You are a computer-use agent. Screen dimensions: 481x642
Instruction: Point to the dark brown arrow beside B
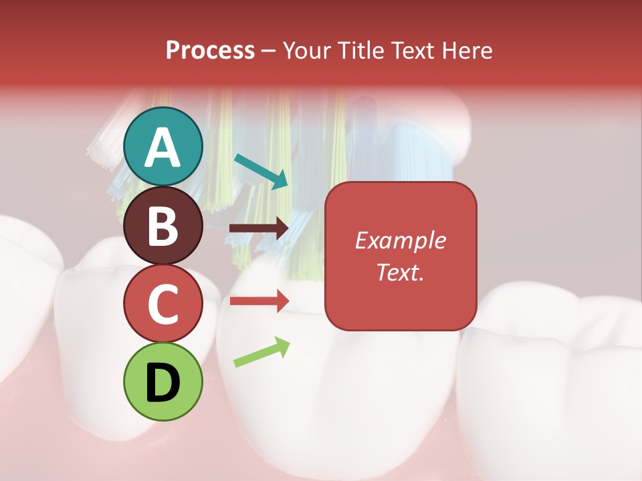click(259, 228)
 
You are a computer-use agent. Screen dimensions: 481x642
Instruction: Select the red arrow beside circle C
click(259, 301)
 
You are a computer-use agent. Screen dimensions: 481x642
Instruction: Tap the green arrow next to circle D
click(261, 352)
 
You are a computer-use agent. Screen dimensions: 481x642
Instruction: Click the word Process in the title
click(210, 51)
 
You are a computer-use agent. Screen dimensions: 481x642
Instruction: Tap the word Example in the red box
click(400, 240)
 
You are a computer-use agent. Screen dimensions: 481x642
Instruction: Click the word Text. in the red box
click(400, 272)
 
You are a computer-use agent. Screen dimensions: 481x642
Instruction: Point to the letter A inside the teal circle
click(163, 148)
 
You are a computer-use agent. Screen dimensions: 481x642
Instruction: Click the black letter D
click(163, 383)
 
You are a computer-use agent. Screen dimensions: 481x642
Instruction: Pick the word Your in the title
click(308, 51)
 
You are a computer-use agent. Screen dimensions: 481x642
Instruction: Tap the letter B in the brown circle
click(163, 226)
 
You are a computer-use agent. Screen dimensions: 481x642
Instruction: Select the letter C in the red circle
click(163, 304)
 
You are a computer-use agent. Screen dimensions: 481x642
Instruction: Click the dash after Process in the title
click(269, 51)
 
